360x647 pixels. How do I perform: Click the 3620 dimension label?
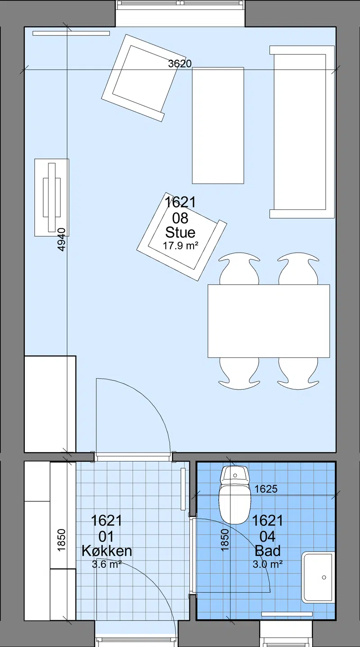(180, 63)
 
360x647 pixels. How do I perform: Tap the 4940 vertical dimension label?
(62, 240)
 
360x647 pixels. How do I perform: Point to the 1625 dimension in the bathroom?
(266, 489)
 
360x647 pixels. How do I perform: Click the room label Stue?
(180, 232)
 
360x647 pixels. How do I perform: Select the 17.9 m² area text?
(180, 246)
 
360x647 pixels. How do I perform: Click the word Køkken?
(107, 551)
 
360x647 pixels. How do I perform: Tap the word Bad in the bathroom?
(268, 551)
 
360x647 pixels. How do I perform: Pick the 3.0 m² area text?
(268, 564)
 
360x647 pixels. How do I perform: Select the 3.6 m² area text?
(107, 564)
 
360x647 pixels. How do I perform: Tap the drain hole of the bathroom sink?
(324, 577)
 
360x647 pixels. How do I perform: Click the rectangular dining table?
(269, 321)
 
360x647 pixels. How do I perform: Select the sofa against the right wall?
(302, 132)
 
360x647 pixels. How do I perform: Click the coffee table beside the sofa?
(218, 125)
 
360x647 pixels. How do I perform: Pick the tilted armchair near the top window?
(144, 78)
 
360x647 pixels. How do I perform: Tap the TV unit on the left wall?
(52, 197)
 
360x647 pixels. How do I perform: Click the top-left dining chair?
(239, 269)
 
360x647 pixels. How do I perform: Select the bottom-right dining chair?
(298, 373)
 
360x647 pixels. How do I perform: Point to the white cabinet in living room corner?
(50, 404)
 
